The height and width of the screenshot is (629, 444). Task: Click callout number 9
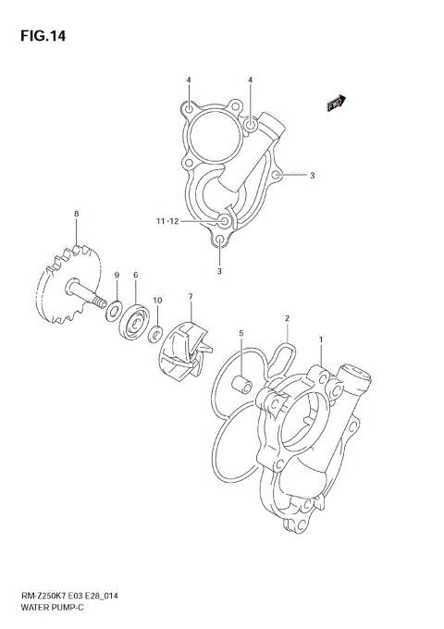pyautogui.click(x=117, y=276)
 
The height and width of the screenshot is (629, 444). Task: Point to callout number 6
pyautogui.click(x=135, y=276)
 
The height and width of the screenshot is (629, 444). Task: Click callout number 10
pyautogui.click(x=157, y=301)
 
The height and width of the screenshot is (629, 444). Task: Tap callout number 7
pyautogui.click(x=191, y=297)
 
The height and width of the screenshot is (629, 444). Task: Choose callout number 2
pyautogui.click(x=287, y=318)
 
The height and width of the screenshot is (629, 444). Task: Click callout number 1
pyautogui.click(x=321, y=339)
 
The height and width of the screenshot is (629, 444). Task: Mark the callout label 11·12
pyautogui.click(x=168, y=222)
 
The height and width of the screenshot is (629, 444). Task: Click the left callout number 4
pyautogui.click(x=189, y=80)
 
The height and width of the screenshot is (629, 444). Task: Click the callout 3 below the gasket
pyautogui.click(x=219, y=271)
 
